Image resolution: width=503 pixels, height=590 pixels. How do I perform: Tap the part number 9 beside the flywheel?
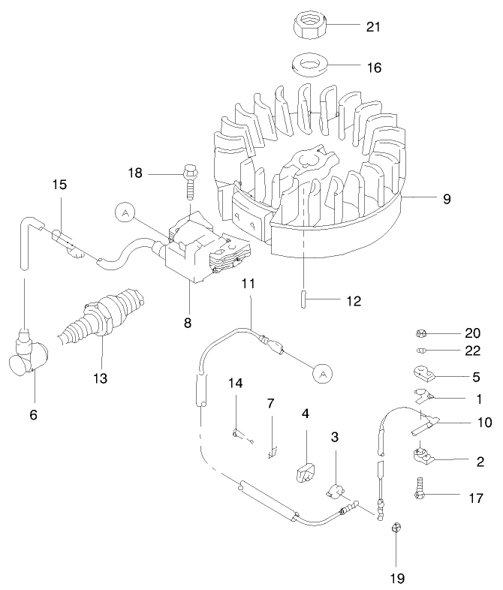pos(447,199)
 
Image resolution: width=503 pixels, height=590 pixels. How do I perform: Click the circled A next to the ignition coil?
pos(125,213)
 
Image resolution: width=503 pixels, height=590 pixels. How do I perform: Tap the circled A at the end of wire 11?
pos(321,372)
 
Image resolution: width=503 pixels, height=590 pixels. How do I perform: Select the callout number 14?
pos(236,383)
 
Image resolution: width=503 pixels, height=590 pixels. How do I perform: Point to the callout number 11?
pos(248,283)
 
